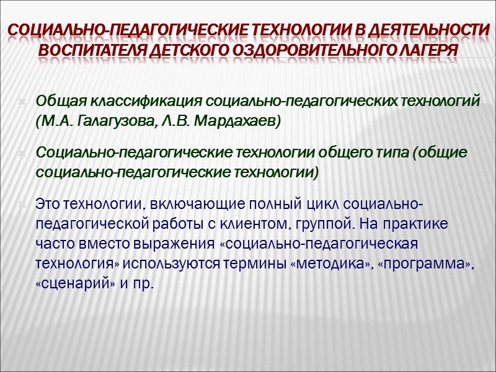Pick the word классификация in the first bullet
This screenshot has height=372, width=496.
point(146,102)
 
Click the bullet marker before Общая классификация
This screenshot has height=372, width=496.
point(23,102)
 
